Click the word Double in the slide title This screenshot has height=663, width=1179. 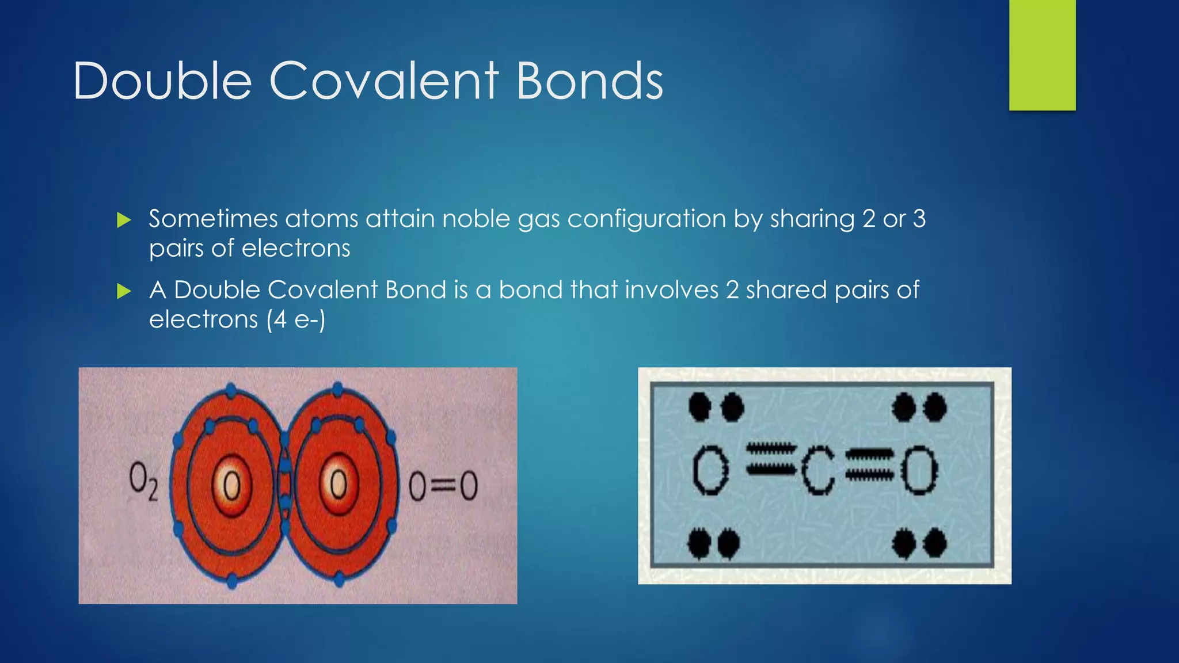(x=162, y=81)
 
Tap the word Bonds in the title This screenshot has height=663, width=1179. (x=589, y=81)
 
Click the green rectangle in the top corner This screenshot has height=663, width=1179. (x=1042, y=55)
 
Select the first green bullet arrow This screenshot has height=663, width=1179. (x=124, y=220)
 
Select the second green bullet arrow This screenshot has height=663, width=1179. (x=124, y=291)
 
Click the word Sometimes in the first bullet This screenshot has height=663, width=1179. (x=213, y=219)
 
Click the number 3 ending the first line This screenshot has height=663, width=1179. (x=919, y=219)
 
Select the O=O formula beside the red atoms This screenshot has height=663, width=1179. (x=443, y=486)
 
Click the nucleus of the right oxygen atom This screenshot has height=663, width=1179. (x=339, y=484)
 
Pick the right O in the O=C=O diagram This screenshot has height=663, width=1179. (x=919, y=471)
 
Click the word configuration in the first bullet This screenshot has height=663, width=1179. (x=646, y=219)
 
